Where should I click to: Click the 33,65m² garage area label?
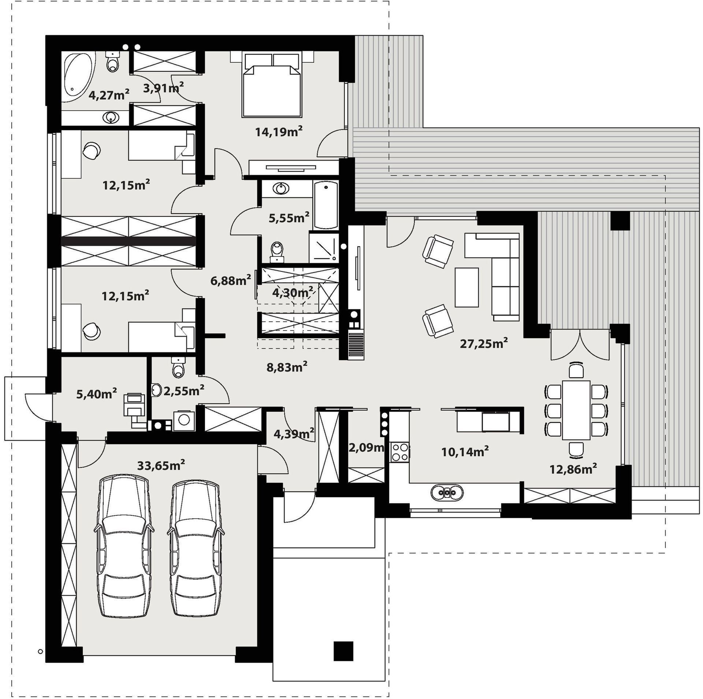[x=161, y=465]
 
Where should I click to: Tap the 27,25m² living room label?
[x=484, y=344]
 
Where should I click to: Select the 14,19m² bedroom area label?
[x=279, y=132]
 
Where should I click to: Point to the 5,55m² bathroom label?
[x=289, y=218]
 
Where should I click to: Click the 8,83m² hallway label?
[x=287, y=367]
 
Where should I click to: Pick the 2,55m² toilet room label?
[x=184, y=391]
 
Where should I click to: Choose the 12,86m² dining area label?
[x=573, y=469]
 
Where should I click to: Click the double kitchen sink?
[x=447, y=492]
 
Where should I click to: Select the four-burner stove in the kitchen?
[x=400, y=451]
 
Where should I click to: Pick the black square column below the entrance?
[x=343, y=651]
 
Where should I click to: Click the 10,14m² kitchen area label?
[x=465, y=451]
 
